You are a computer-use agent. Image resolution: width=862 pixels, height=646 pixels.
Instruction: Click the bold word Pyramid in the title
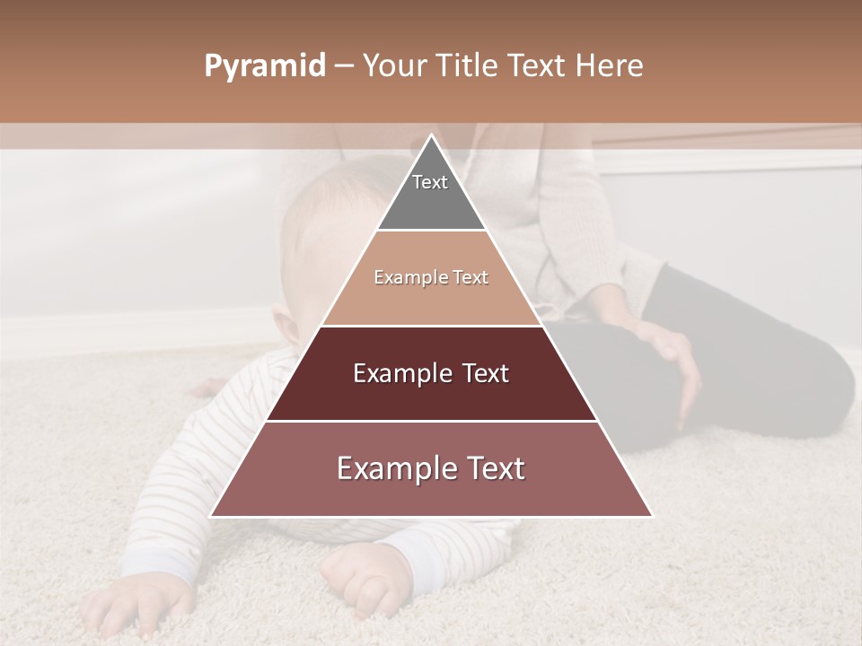(264, 66)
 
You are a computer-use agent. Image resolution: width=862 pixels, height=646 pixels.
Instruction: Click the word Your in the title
(396, 66)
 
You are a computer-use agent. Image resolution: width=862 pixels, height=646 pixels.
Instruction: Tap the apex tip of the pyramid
(431, 136)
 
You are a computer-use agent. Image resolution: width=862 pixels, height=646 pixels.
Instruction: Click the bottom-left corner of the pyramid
(212, 516)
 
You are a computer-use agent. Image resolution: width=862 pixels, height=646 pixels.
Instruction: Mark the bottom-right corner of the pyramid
(651, 516)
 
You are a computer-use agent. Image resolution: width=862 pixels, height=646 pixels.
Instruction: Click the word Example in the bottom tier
(392, 469)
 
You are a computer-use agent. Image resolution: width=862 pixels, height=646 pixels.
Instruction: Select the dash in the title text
(344, 66)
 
